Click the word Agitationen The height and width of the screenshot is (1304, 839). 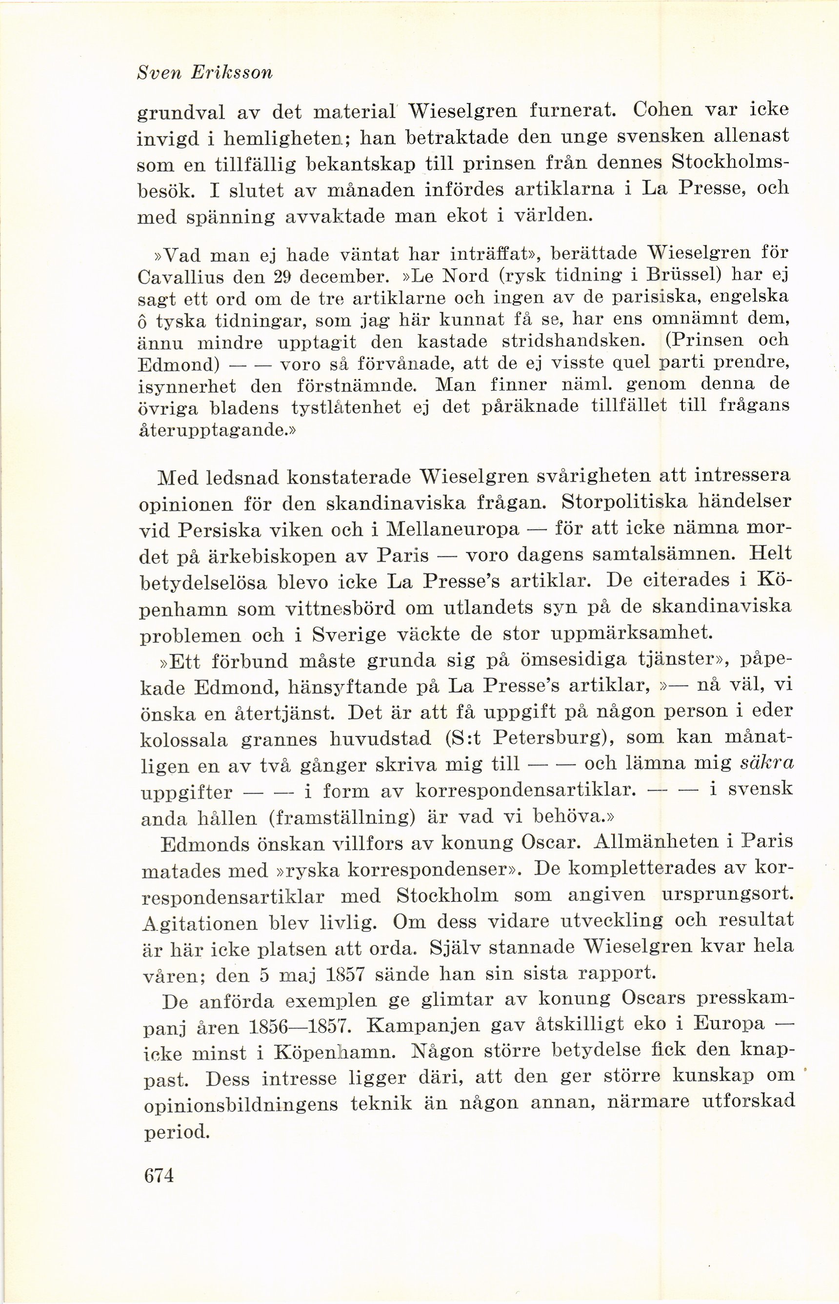click(x=200, y=923)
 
